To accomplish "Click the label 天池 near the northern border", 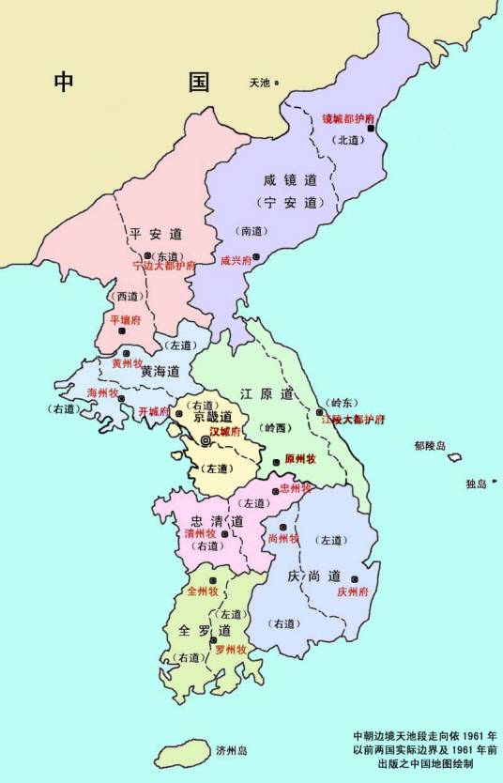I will pyautogui.click(x=259, y=83).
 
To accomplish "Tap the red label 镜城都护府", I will pyautogui.click(x=348, y=119).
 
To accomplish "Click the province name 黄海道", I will pyautogui.click(x=160, y=372).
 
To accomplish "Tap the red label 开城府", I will pyautogui.click(x=153, y=411).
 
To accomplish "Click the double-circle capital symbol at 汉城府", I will pyautogui.click(x=206, y=439).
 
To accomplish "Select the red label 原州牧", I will pyautogui.click(x=299, y=459).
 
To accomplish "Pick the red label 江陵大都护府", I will pyautogui.click(x=353, y=419).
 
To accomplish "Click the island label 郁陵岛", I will pyautogui.click(x=432, y=446).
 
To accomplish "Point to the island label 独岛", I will pyautogui.click(x=476, y=484).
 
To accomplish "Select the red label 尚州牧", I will pyautogui.click(x=282, y=539).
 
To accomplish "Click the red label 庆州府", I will pyautogui.click(x=355, y=592).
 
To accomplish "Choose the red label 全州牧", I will pyautogui.click(x=203, y=591).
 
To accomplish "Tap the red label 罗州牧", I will pyautogui.click(x=231, y=649).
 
